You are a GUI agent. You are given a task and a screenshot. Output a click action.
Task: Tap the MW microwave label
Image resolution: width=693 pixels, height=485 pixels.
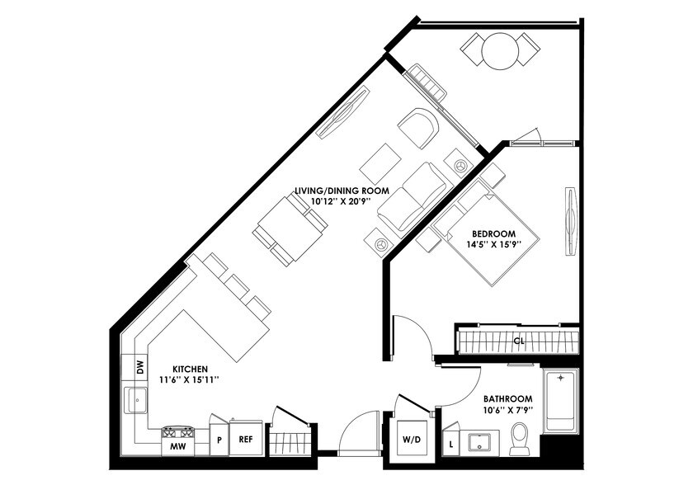pyautogui.click(x=177, y=447)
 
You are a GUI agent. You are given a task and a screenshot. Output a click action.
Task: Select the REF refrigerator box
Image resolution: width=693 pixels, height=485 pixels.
pyautogui.click(x=245, y=440)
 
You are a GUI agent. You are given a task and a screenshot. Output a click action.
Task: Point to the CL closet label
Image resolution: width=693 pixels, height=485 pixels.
pyautogui.click(x=519, y=340)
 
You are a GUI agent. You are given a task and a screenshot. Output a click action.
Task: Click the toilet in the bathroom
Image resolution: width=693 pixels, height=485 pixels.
pyautogui.click(x=520, y=438)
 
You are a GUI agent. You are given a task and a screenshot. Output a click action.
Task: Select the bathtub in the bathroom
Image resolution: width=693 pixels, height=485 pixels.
pyautogui.click(x=561, y=403)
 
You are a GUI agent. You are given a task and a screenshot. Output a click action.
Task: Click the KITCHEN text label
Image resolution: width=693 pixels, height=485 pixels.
pyautogui.click(x=189, y=369)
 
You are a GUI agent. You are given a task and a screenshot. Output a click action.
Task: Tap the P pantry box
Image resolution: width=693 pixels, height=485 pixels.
pyautogui.click(x=219, y=440)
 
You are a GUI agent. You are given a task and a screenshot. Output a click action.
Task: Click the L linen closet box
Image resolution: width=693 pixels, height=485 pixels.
pyautogui.click(x=451, y=445)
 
